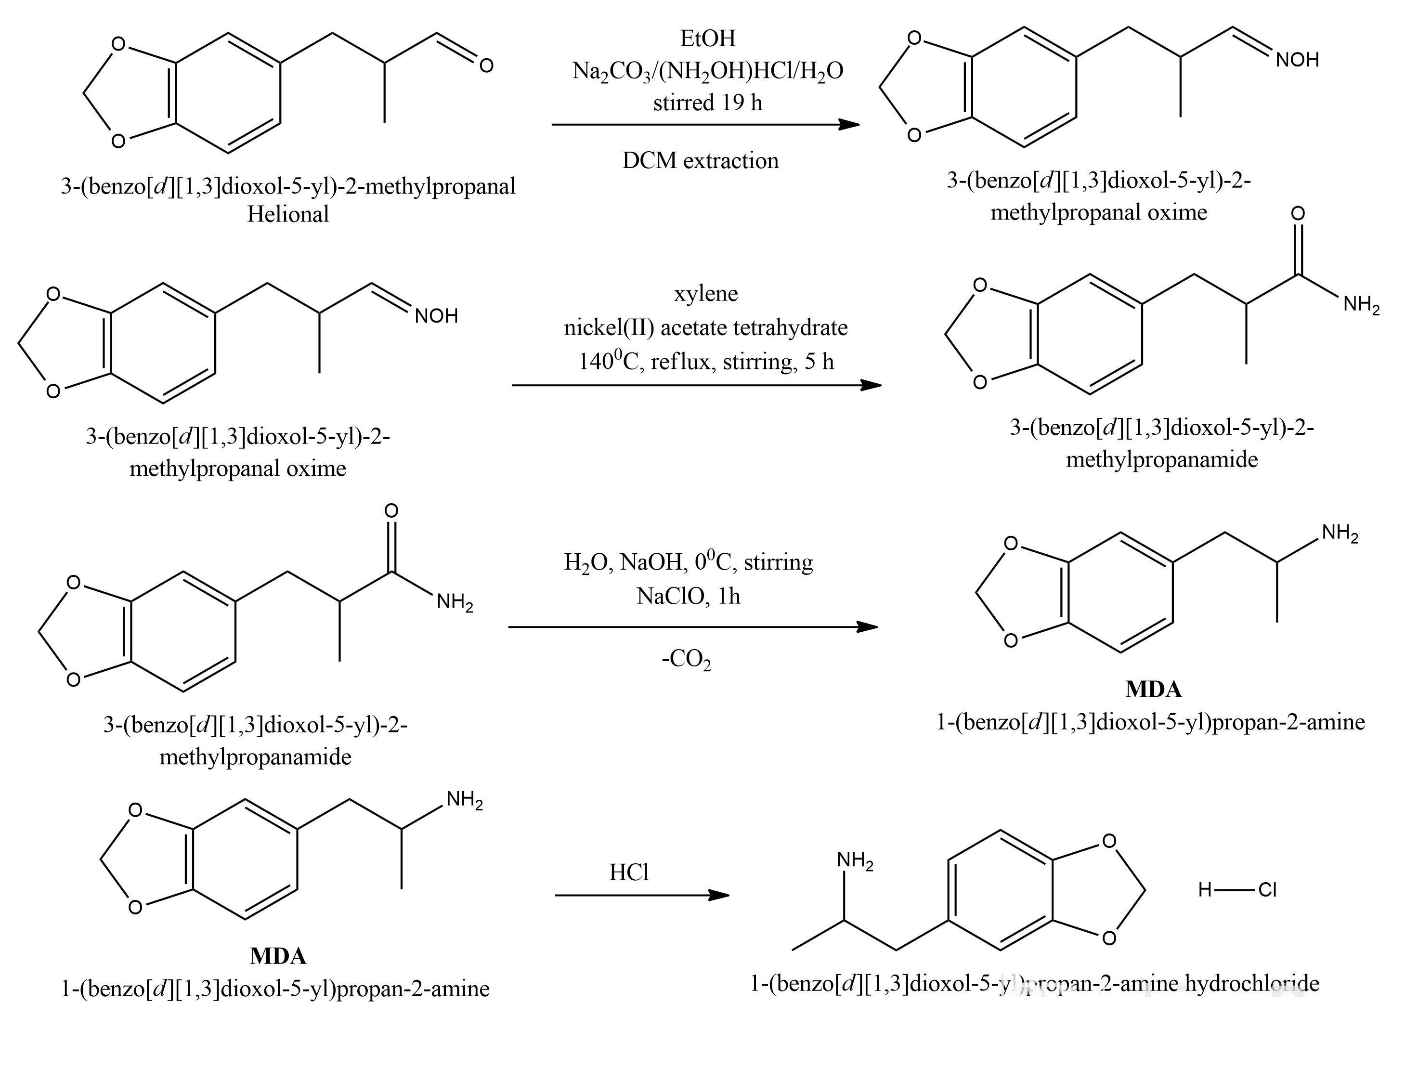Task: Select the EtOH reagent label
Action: click(x=708, y=39)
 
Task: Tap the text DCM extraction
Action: click(x=700, y=160)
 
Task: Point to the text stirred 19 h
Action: click(x=708, y=103)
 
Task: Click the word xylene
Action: click(x=706, y=294)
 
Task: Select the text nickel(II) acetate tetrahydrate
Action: click(x=706, y=327)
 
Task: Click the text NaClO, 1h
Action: click(x=688, y=596)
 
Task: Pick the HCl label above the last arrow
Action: click(x=629, y=873)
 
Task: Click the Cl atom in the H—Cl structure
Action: click(x=1267, y=890)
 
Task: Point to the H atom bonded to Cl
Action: click(x=1205, y=890)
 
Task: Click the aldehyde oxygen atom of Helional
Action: click(x=486, y=65)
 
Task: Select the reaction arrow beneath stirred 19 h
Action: click(x=705, y=124)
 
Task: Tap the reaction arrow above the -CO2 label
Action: click(x=692, y=627)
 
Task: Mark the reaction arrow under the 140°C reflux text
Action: click(x=696, y=385)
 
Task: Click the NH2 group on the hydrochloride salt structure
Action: click(x=855, y=861)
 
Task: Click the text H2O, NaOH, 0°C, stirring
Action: click(x=688, y=562)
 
